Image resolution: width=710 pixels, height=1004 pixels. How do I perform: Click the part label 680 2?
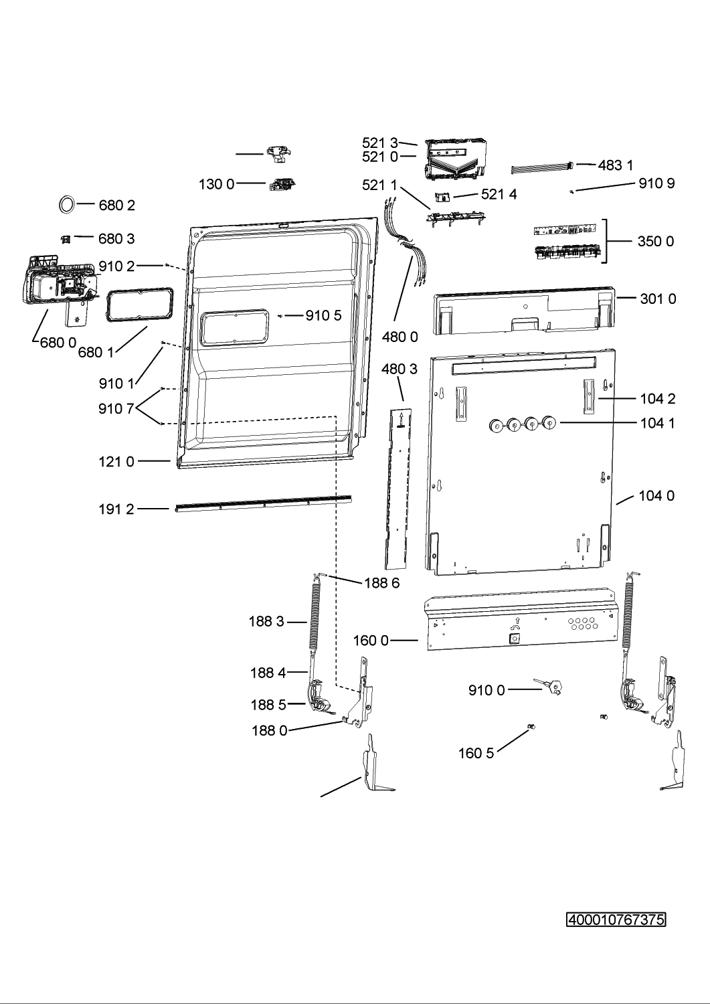click(x=116, y=205)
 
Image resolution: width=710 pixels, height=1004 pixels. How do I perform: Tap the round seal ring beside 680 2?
click(x=66, y=204)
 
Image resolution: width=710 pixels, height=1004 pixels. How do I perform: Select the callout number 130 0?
click(x=217, y=184)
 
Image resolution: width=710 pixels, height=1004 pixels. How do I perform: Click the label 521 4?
click(x=499, y=194)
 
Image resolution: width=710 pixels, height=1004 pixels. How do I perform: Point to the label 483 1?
click(x=616, y=165)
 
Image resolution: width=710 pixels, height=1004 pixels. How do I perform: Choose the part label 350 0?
click(x=656, y=241)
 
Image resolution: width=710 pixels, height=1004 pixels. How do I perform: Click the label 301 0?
click(x=658, y=299)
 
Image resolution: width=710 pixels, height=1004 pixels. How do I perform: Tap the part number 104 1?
click(x=658, y=422)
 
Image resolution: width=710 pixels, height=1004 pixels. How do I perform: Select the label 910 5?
click(x=324, y=315)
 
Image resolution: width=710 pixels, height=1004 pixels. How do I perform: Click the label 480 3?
click(x=400, y=369)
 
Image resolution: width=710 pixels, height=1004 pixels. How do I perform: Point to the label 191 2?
click(x=116, y=509)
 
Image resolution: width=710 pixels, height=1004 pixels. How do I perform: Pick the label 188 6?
click(x=382, y=583)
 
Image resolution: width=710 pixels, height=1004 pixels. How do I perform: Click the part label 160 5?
click(x=476, y=753)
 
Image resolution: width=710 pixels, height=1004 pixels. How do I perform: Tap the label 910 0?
click(x=486, y=690)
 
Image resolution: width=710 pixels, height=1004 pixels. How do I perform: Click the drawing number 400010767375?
click(x=616, y=920)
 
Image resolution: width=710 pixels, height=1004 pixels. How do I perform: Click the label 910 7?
click(x=116, y=409)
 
